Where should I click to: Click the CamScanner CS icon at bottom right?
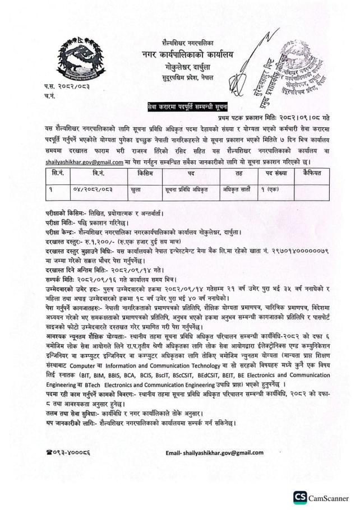coord(300,497)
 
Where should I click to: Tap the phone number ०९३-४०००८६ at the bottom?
coord(70,452)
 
